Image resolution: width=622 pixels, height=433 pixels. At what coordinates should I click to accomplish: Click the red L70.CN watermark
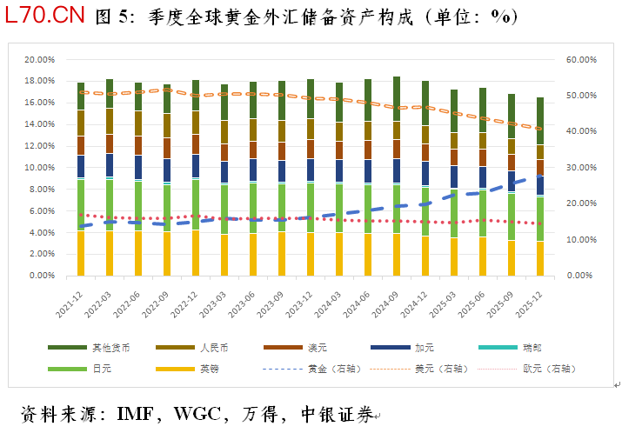[x=45, y=15]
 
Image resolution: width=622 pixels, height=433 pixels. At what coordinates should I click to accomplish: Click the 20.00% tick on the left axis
[x=40, y=60]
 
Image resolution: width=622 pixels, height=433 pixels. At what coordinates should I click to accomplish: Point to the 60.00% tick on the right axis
[x=581, y=60]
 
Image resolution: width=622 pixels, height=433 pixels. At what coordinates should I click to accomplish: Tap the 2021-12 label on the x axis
[x=70, y=304]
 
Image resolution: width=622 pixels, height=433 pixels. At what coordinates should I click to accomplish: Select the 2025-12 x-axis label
[x=529, y=304]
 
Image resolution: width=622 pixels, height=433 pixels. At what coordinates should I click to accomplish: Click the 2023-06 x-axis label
[x=242, y=304]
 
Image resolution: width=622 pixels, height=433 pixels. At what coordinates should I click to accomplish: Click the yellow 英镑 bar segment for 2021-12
[x=81, y=253]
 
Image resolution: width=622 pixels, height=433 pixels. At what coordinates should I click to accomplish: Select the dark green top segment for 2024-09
[x=397, y=99]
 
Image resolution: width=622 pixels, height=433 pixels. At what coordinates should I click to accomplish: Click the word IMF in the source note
[x=135, y=415]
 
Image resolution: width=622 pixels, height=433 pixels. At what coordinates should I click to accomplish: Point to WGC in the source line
[x=197, y=415]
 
